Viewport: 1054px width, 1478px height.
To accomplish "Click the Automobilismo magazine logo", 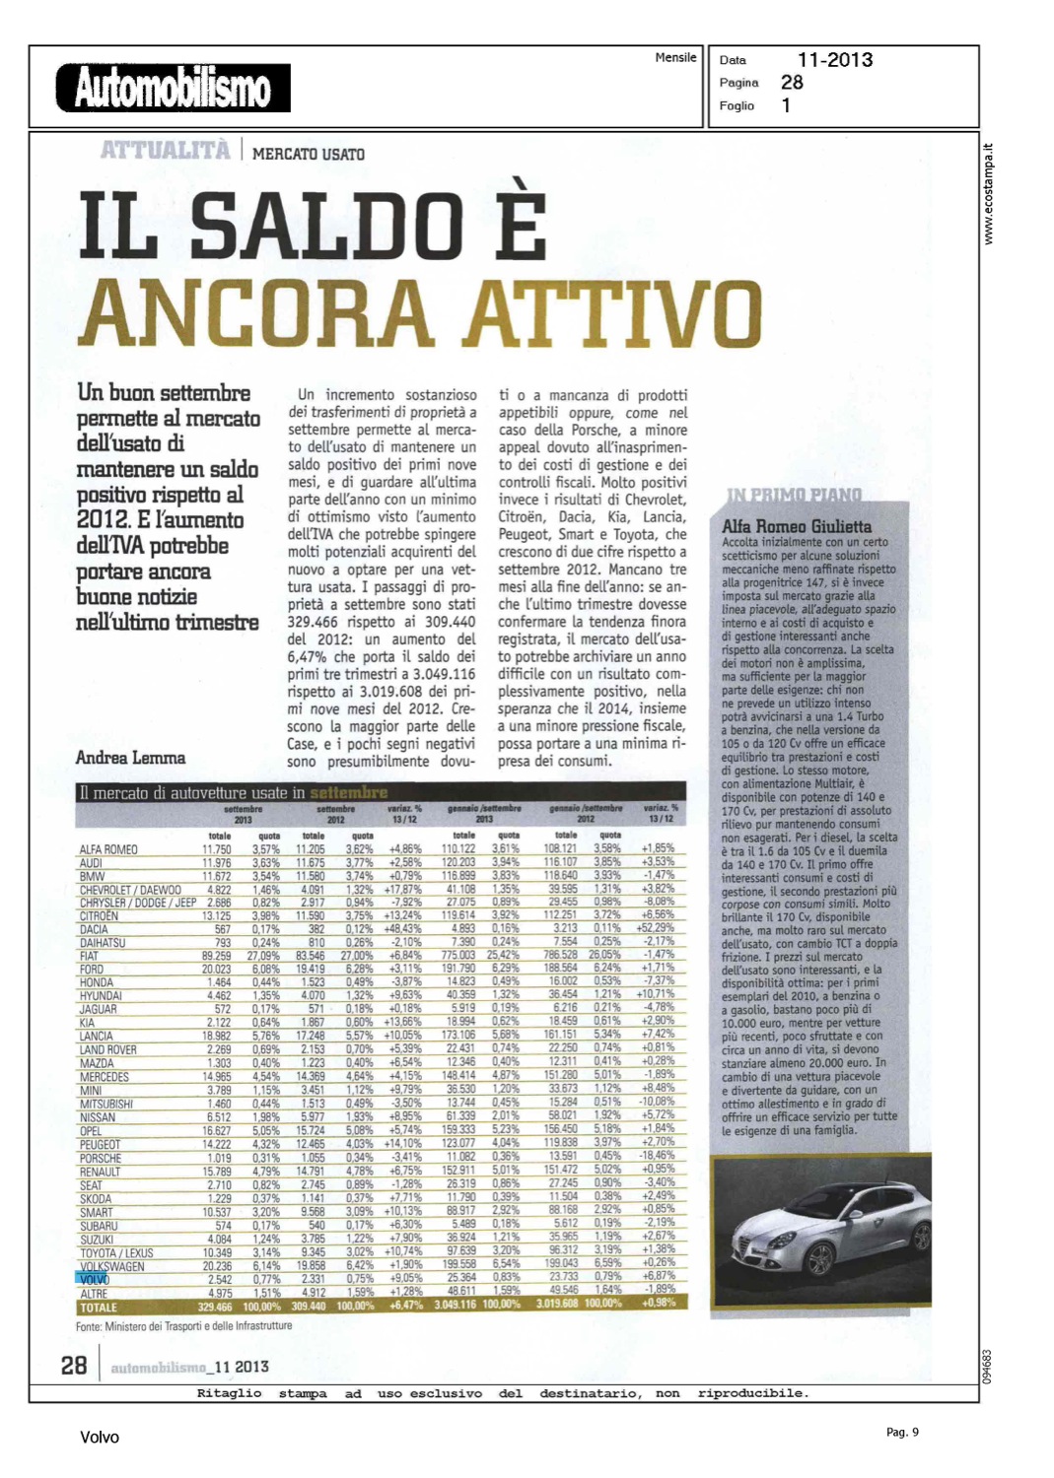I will pos(174,88).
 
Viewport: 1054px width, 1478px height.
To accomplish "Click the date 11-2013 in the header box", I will pos(834,60).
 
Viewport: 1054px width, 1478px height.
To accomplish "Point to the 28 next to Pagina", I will pos(792,83).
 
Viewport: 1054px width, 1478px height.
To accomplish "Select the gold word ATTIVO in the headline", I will pos(613,311).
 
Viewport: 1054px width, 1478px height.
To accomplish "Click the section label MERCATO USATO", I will pos(309,155).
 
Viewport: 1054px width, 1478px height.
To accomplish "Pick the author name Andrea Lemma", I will pos(130,758).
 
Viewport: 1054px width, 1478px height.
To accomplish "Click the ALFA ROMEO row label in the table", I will pos(108,849).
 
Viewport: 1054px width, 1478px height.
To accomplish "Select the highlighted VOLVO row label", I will pos(94,1280).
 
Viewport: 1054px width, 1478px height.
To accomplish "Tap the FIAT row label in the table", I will pos(90,956).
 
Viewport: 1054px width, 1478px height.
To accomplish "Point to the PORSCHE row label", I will pos(101,1159).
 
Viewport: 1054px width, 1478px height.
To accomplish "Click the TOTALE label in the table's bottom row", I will pos(98,1308).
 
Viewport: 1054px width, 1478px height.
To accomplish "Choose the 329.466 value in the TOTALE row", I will pos(214,1307).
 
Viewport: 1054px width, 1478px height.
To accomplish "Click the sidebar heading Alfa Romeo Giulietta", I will pos(797,526).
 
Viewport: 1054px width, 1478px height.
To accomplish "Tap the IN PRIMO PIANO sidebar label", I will pos(794,495).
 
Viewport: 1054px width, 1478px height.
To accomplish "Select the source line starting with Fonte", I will pos(183,1326).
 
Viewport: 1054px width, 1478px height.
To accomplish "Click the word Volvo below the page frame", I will pos(100,1438).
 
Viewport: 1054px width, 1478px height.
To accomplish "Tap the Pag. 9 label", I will pos(902,1432).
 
